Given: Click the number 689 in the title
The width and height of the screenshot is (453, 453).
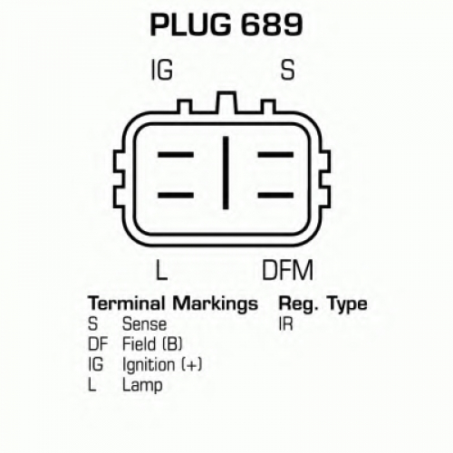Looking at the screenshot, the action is click(272, 24).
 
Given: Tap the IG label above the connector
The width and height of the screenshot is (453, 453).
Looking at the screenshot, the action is click(161, 70).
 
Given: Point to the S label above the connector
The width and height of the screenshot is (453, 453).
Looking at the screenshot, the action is click(287, 70).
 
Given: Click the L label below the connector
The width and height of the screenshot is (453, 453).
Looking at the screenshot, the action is click(161, 269).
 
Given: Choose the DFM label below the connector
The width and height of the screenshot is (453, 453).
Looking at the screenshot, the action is click(287, 269).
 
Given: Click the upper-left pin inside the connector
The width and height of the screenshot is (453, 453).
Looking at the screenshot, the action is click(176, 155).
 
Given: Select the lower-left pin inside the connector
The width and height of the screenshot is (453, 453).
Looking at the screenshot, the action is click(176, 195).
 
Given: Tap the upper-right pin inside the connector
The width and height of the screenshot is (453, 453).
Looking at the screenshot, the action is click(275, 155).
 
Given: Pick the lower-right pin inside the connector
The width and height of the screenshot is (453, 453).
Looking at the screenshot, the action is click(275, 195).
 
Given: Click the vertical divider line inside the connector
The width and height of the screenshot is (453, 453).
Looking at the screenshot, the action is click(226, 173).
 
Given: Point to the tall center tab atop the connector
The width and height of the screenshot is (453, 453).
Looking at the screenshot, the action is click(226, 102).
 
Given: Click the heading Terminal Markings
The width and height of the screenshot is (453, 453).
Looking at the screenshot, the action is click(173, 304).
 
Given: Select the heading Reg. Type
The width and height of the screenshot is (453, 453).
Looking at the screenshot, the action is click(323, 304).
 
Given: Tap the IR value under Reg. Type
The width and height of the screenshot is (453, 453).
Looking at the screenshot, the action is click(285, 324).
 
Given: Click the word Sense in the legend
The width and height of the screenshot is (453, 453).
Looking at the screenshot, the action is click(144, 324).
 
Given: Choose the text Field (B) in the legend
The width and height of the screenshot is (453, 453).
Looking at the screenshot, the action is click(152, 344).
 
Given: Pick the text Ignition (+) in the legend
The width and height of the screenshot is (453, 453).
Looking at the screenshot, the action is click(162, 365).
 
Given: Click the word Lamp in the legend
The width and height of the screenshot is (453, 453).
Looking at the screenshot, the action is click(142, 385).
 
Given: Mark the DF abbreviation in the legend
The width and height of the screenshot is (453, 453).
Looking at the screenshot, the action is click(98, 344).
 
